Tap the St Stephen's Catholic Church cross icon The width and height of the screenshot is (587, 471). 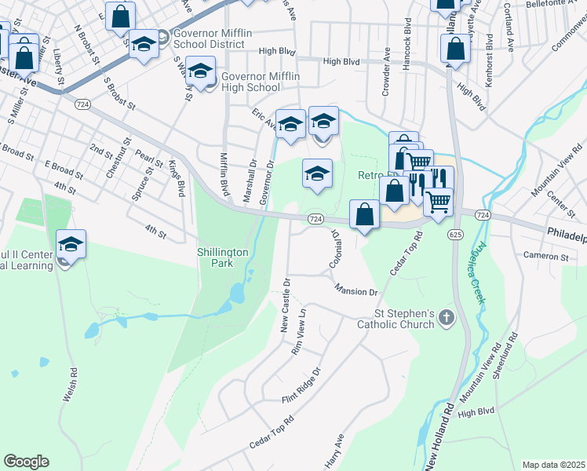point(446,318)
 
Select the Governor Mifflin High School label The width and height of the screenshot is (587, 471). point(251,82)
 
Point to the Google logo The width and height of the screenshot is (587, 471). point(26,462)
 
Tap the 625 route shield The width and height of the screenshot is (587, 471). point(455,234)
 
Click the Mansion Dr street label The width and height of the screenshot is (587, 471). point(355,291)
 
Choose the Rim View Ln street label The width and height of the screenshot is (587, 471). point(298,333)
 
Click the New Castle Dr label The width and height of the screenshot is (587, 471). point(286,304)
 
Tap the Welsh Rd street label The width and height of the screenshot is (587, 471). point(69,386)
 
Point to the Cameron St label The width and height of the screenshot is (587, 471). point(546,256)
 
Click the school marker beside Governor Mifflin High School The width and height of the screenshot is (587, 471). point(200,71)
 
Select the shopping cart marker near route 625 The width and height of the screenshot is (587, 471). point(438,201)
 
